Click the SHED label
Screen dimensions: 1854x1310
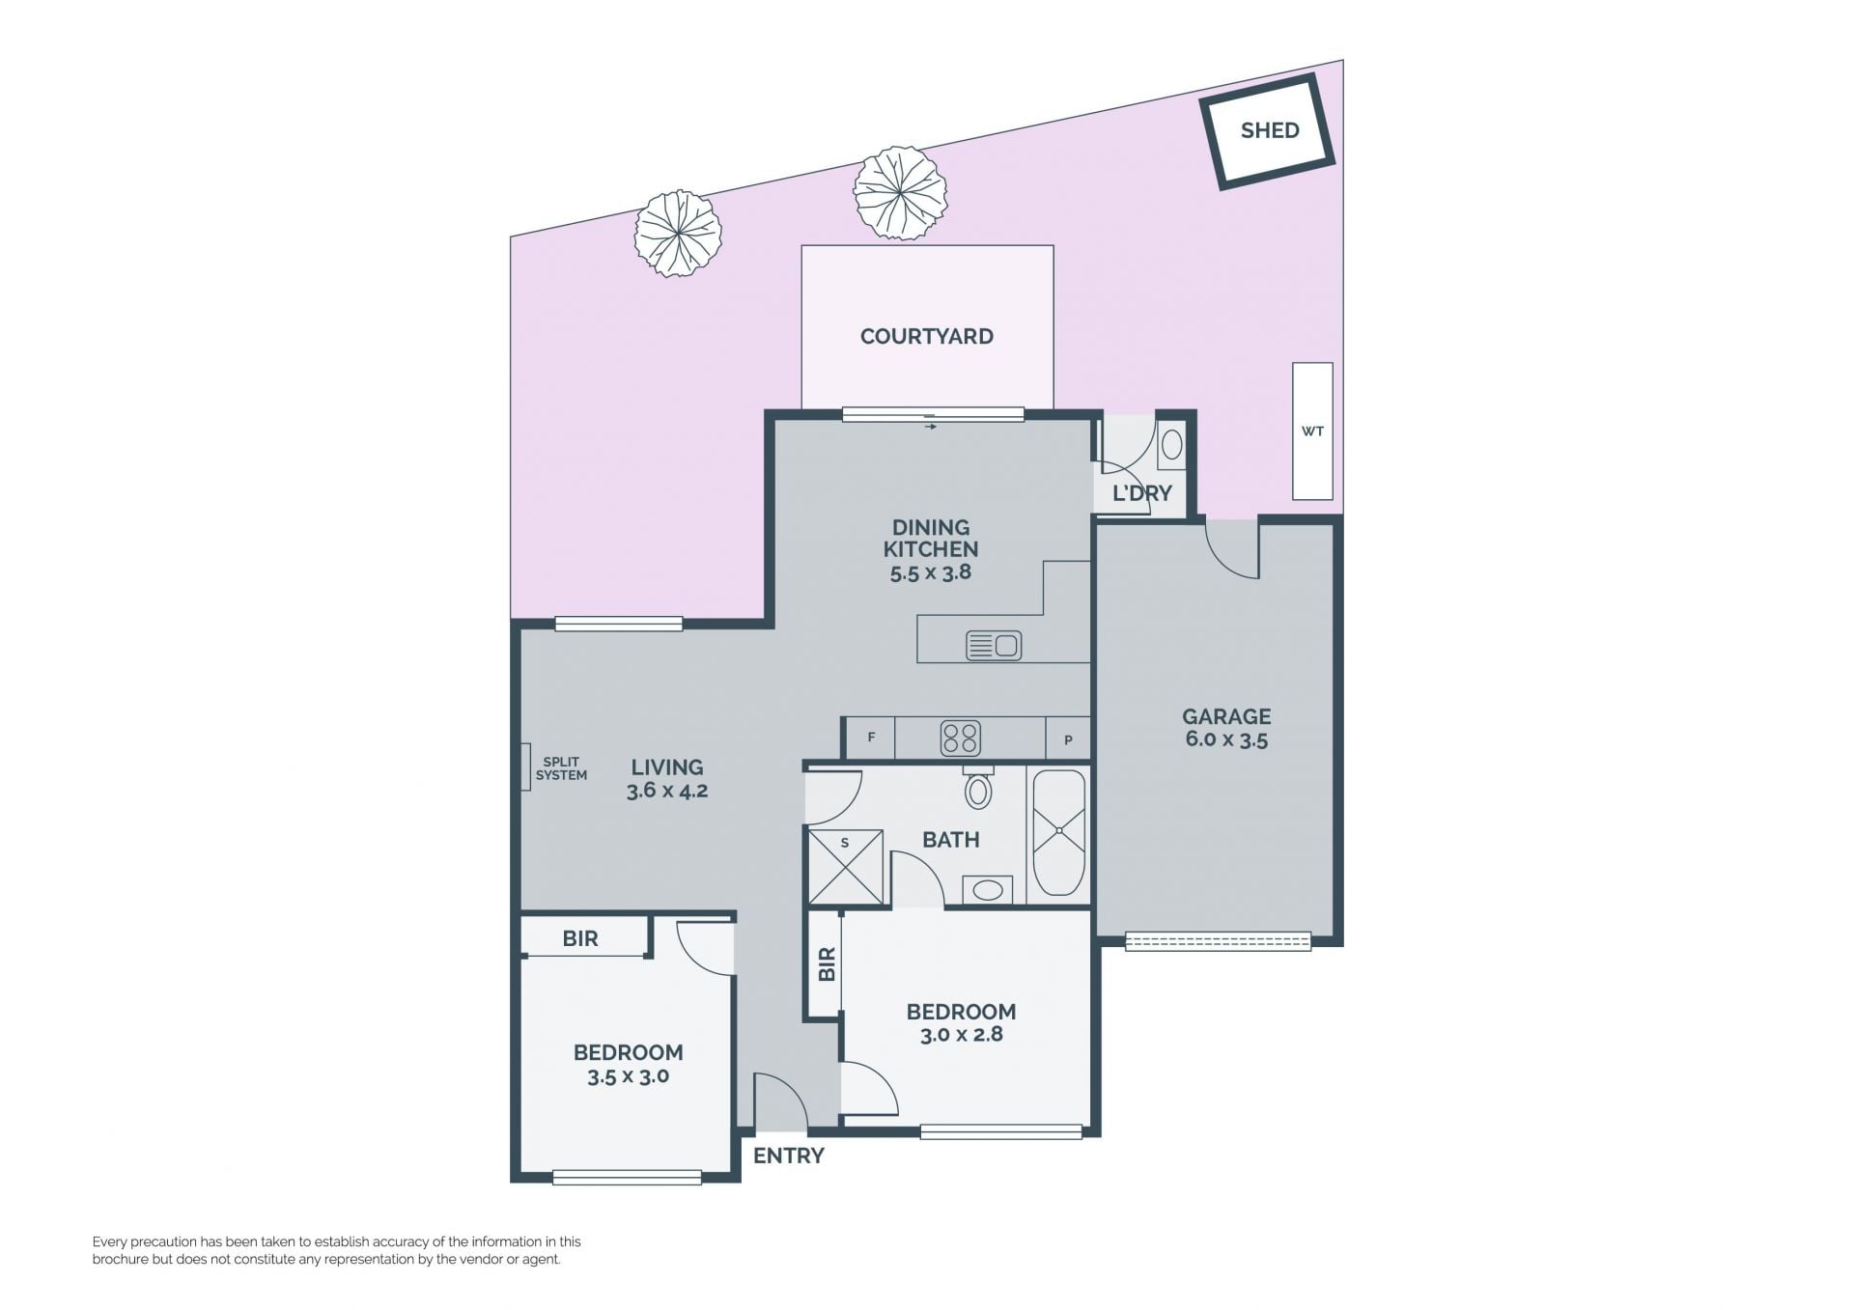click(1269, 130)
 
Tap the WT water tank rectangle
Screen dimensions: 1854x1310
click(1312, 431)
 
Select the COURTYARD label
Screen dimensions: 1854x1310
click(927, 336)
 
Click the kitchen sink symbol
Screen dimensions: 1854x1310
click(994, 645)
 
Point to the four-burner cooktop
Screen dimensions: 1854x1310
click(961, 739)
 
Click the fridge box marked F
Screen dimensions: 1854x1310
click(871, 739)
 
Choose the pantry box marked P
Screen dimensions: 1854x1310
click(1068, 739)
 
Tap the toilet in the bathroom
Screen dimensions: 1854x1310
click(978, 788)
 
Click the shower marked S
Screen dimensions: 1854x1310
click(846, 867)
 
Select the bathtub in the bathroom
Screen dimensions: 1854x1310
click(1059, 832)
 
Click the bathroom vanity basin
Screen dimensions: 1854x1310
click(987, 889)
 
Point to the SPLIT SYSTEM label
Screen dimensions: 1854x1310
click(561, 768)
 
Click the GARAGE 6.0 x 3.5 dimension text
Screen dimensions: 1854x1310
click(1226, 740)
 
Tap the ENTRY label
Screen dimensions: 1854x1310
click(789, 1156)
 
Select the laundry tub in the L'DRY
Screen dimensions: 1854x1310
click(1171, 444)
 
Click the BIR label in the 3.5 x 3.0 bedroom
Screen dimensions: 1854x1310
click(580, 938)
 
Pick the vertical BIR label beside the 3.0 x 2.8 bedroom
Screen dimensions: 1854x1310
click(827, 963)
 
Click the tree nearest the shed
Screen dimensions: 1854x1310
click(900, 193)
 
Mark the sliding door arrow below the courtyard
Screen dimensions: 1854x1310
click(931, 426)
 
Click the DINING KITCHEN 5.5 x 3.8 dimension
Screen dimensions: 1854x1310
click(931, 572)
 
